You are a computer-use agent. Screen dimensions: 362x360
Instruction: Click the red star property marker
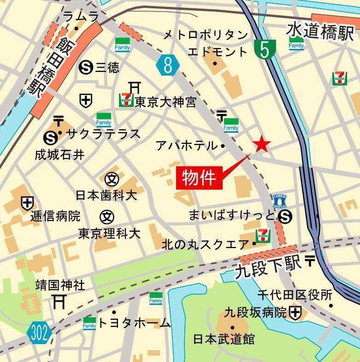tap(262, 144)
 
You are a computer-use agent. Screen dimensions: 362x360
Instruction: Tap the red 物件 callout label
tap(199, 177)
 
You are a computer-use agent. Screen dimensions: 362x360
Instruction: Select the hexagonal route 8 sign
tap(167, 65)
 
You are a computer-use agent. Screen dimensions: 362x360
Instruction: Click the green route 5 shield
tap(265, 49)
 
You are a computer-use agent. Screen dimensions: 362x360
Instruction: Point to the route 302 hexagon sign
tap(39, 333)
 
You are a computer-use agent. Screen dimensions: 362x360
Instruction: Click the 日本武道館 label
tap(224, 339)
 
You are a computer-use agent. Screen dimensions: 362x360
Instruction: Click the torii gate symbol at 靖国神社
tap(59, 302)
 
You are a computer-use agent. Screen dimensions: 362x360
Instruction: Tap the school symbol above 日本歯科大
tap(112, 178)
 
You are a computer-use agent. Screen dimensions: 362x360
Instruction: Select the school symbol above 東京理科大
tap(107, 215)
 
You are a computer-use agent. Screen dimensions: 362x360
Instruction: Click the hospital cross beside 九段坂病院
tap(295, 313)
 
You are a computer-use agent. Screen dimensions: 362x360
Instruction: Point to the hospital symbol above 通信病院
tap(27, 202)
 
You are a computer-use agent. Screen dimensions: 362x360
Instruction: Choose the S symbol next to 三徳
tap(85, 68)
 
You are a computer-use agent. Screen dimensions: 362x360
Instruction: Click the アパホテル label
tap(186, 146)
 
